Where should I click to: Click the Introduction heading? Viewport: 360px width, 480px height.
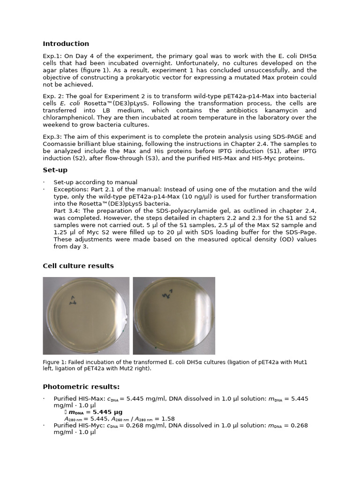point(66,44)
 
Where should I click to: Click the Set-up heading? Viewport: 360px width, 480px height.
point(55,170)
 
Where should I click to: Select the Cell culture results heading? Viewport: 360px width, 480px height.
point(78,266)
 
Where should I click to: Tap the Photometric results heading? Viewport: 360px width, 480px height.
point(81,387)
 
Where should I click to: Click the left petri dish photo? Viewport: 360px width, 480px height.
point(86,315)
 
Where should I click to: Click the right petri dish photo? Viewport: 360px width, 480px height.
point(174,315)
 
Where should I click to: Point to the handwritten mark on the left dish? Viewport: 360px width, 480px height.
point(73,300)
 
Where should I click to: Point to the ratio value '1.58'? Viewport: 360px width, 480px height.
point(167,419)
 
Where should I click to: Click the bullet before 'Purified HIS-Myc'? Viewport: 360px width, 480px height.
point(44,426)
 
